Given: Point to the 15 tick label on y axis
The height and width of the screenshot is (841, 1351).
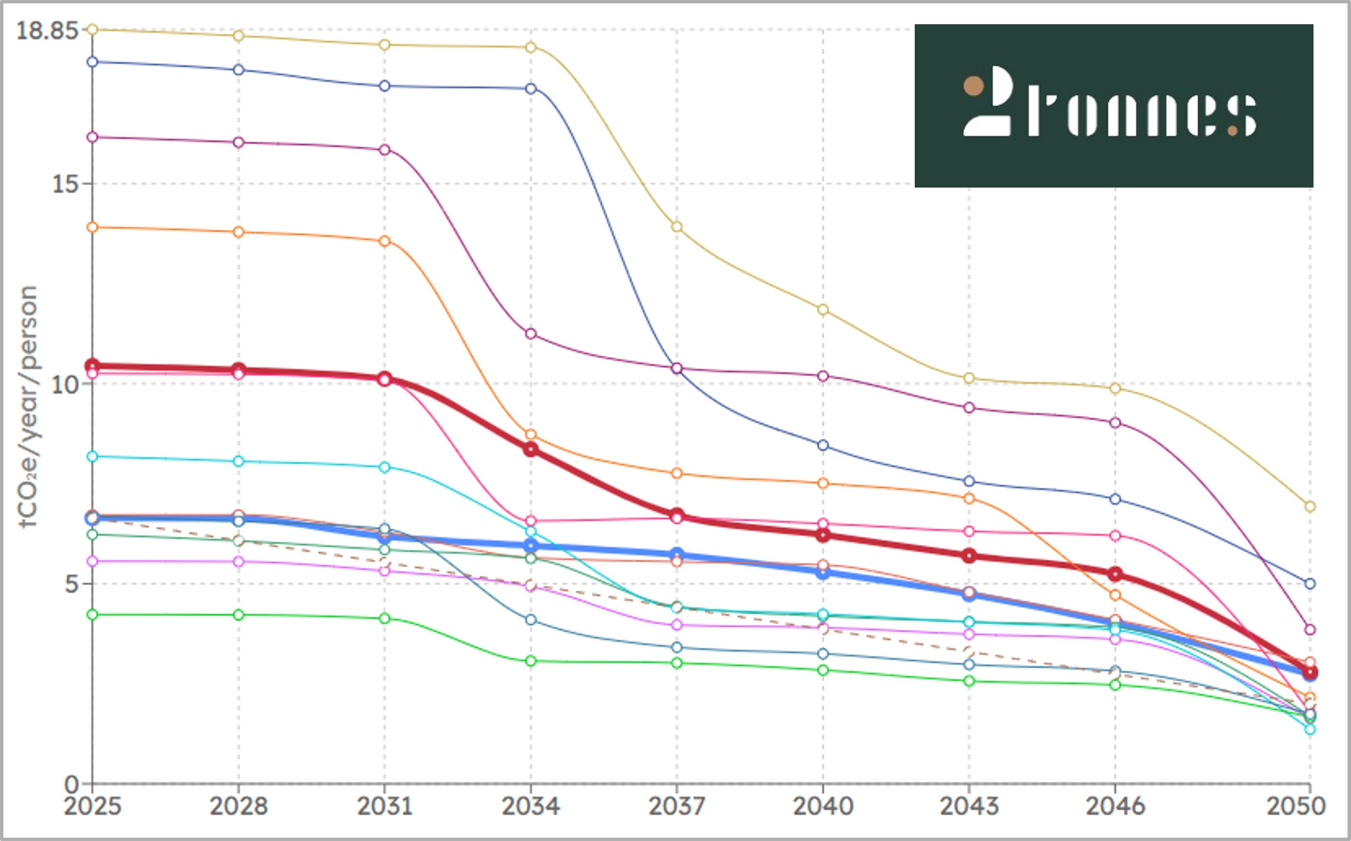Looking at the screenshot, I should pos(65,184).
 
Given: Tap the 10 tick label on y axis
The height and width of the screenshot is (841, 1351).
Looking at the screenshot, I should pos(65,384).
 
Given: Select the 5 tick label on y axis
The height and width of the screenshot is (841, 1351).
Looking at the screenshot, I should pos(71,584).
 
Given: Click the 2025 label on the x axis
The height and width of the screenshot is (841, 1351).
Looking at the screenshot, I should pos(92,806).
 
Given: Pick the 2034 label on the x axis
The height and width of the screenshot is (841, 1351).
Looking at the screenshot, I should pos(530,806).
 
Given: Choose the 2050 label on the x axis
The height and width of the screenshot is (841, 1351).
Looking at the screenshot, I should pos(1296,806).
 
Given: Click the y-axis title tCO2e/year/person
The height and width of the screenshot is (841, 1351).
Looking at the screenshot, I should pos(28,406).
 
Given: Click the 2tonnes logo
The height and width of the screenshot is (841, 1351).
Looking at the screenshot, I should pos(1114,106).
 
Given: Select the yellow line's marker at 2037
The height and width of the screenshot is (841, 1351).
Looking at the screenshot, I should pos(676,227).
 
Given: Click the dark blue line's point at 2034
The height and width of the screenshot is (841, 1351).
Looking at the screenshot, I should pos(531,88).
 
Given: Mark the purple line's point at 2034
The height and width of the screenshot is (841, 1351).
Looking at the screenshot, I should pos(531,334).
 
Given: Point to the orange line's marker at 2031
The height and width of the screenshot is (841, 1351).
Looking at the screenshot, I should pos(385,241).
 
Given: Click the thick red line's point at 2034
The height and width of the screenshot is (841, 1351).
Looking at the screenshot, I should pos(531,449).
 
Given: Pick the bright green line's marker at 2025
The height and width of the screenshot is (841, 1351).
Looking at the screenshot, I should pos(92,614).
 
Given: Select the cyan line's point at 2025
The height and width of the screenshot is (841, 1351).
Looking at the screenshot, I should pos(92,457).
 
